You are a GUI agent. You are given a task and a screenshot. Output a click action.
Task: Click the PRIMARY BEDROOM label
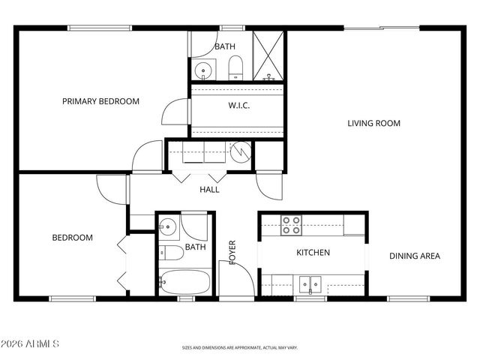(x=100, y=101)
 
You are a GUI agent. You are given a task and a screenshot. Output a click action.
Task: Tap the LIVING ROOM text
(x=373, y=123)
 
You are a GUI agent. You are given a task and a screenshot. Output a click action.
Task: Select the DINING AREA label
(x=414, y=256)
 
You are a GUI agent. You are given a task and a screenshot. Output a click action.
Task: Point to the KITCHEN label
(x=313, y=253)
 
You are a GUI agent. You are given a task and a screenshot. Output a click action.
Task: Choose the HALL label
(x=209, y=190)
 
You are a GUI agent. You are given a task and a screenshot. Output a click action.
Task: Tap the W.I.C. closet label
(x=238, y=106)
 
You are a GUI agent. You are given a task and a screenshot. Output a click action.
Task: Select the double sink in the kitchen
(x=310, y=284)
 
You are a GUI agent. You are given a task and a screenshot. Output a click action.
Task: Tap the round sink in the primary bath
(x=202, y=71)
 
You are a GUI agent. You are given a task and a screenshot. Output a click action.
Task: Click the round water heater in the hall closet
(x=240, y=152)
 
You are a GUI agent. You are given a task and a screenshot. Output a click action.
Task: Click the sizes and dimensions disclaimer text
(x=240, y=348)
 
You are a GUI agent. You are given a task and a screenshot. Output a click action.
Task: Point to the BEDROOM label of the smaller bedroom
(x=72, y=238)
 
